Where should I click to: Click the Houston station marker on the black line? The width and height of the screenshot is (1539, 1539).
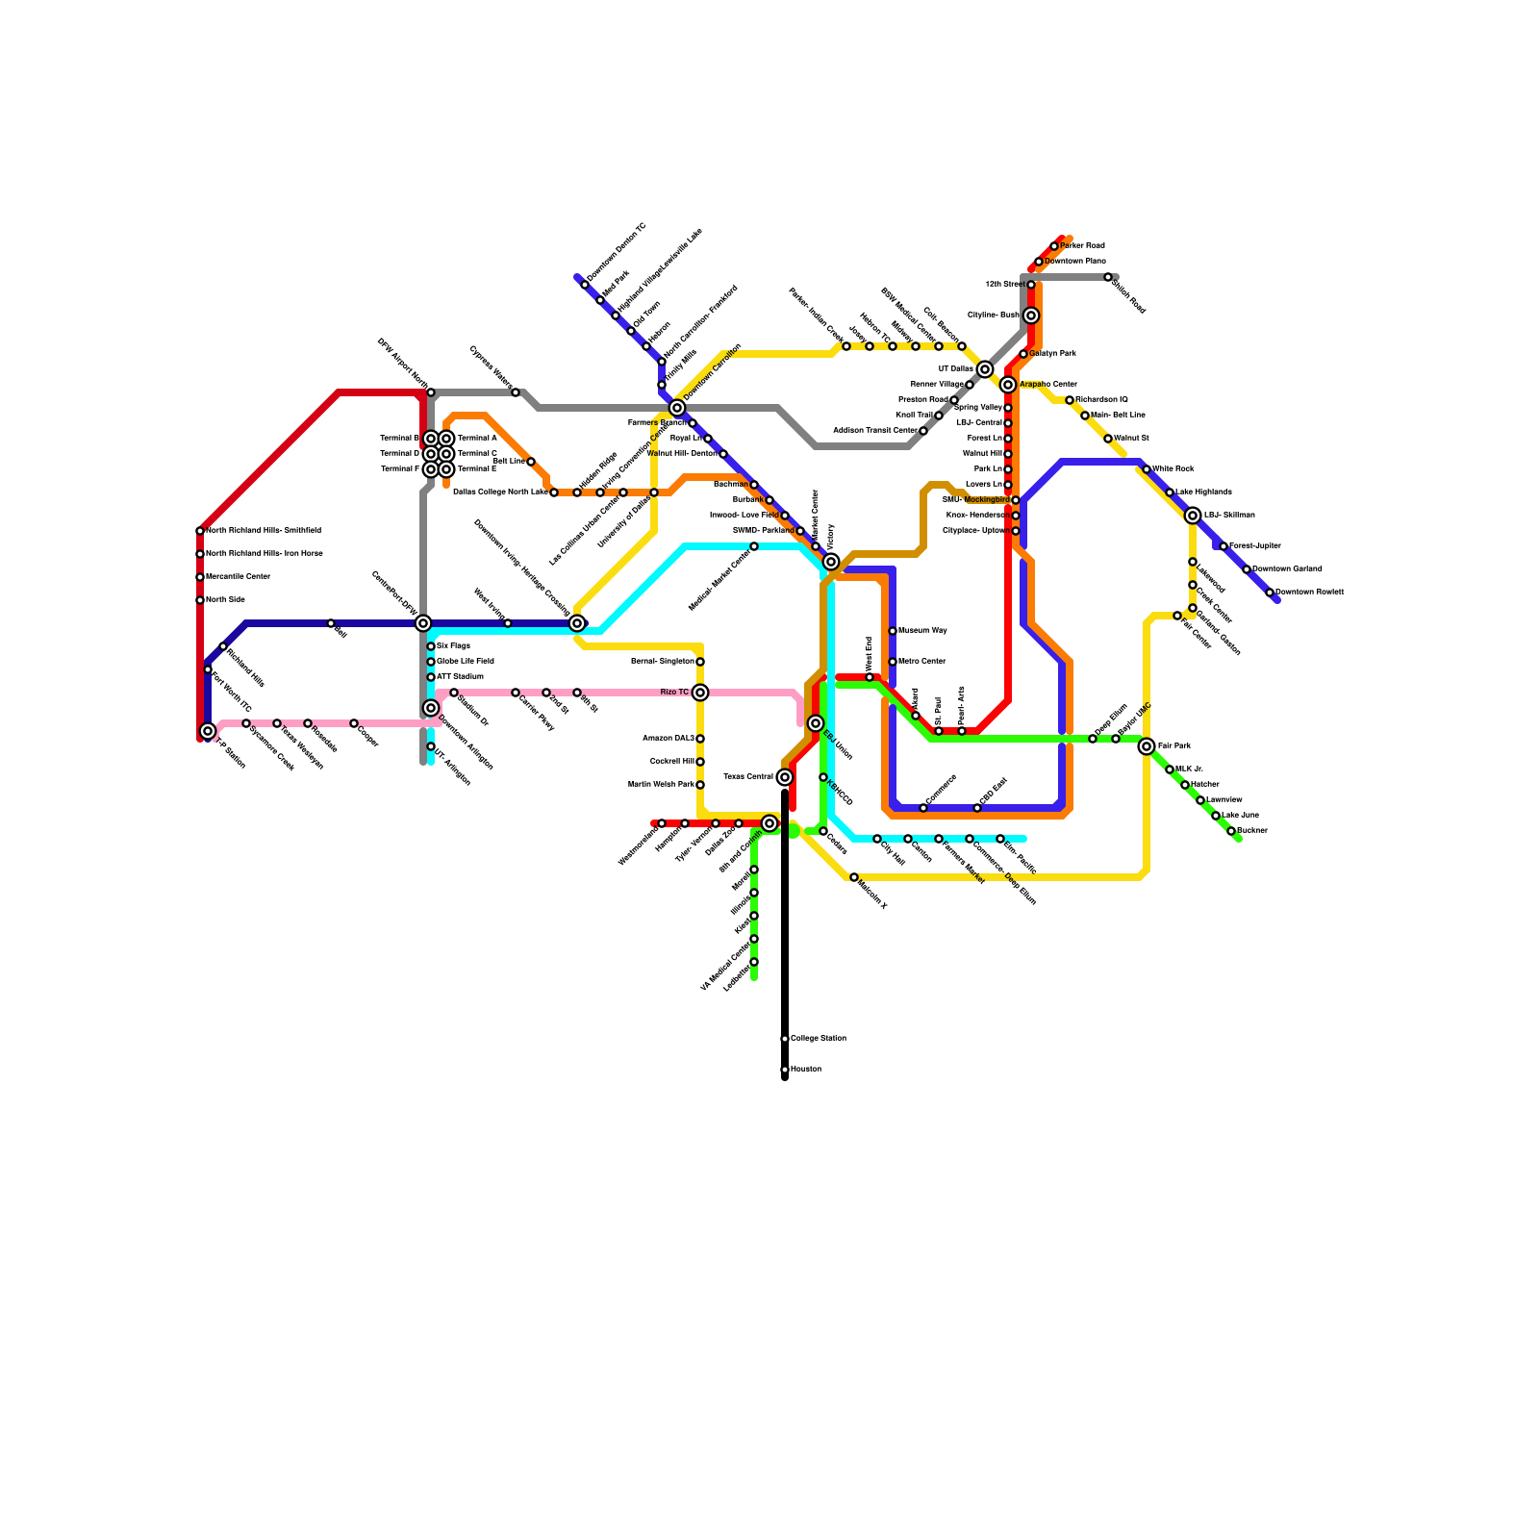point(785,1070)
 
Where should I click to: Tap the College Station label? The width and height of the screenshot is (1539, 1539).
point(819,1039)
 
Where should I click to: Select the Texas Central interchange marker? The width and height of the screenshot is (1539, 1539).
point(785,777)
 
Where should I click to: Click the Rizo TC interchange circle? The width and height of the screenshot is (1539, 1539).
point(700,693)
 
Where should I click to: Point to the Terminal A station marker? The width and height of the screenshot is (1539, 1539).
point(446,439)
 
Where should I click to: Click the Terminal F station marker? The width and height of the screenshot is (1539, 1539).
point(431,469)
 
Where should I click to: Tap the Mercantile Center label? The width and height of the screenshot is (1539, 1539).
point(238,577)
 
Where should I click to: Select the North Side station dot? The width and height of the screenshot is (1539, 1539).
point(200,600)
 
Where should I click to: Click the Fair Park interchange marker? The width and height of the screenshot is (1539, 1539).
point(1147,746)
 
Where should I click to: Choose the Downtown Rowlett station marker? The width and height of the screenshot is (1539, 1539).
point(1270,593)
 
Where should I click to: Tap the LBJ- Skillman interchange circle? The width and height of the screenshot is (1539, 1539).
point(1193,516)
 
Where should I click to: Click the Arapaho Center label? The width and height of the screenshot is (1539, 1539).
point(1048,385)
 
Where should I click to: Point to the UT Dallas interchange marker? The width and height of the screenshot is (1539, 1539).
point(985,369)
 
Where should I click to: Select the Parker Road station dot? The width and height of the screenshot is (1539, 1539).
point(1054,246)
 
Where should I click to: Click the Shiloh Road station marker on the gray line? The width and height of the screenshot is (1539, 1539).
point(1108,277)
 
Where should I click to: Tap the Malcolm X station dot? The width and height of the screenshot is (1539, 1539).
point(854,877)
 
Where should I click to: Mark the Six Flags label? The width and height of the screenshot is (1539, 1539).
point(453,646)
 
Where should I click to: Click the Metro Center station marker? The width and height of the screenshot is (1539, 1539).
point(893,662)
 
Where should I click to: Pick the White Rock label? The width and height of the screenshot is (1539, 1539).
point(1173,469)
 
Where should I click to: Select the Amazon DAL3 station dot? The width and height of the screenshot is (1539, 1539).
point(700,739)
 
